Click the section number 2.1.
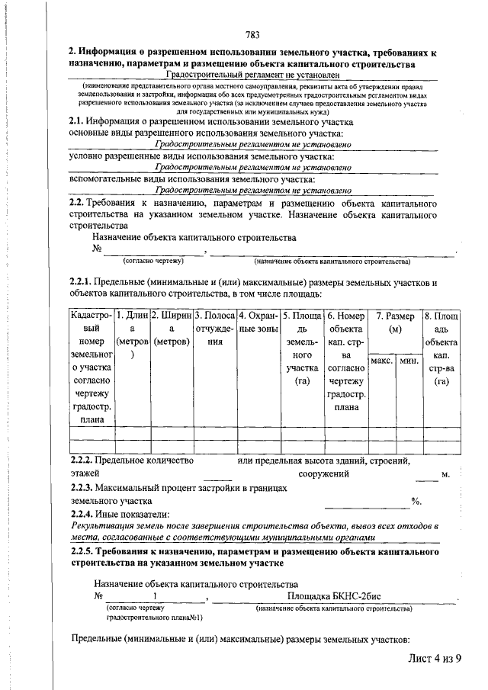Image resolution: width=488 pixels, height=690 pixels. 76,121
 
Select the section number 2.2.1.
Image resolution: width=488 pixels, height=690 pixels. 81,284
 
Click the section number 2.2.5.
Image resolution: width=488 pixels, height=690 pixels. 81,551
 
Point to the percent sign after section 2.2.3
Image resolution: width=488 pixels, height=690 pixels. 416,502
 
